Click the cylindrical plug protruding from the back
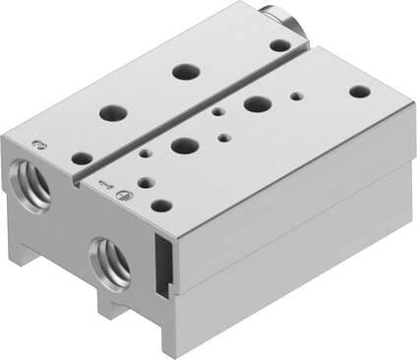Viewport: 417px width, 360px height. (x=277, y=17)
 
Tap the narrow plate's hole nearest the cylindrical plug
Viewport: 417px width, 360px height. (x=280, y=45)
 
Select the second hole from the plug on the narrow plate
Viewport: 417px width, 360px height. (x=182, y=71)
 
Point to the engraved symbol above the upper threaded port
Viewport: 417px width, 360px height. (x=38, y=145)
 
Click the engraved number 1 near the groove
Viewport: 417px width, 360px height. (x=105, y=183)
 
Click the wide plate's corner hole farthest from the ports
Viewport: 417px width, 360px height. (x=360, y=91)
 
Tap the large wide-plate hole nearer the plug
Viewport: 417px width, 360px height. (x=258, y=103)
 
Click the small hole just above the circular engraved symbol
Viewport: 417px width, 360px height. (x=145, y=182)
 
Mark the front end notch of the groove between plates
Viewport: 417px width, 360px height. (x=76, y=181)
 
